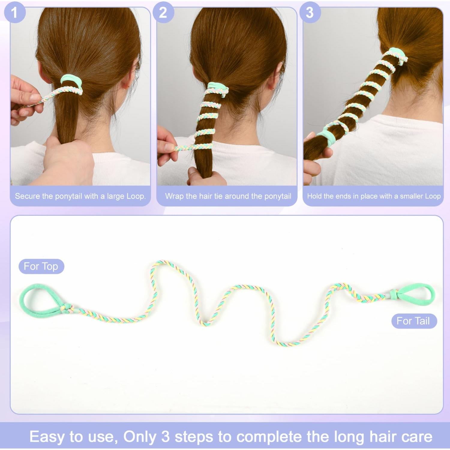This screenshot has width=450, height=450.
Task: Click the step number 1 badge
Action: tap(14, 13)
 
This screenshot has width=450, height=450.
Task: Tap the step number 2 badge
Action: tap(163, 13)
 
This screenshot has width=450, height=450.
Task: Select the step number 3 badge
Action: tap(310, 13)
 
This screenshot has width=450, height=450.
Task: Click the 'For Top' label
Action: tap(41, 266)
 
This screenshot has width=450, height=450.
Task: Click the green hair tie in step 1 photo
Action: tap(71, 80)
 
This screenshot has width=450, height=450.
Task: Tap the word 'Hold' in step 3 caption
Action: tap(314, 196)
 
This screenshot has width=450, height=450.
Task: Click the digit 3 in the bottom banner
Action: tap(166, 437)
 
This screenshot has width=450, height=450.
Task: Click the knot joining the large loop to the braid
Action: tap(67, 308)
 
